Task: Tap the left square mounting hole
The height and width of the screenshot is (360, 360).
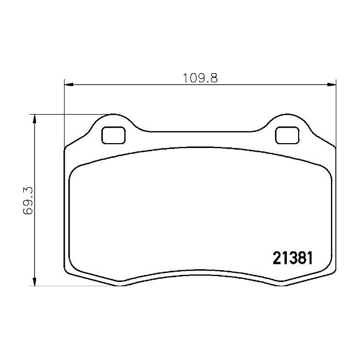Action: (114, 135)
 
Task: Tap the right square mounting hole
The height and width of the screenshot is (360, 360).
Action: (286, 135)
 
